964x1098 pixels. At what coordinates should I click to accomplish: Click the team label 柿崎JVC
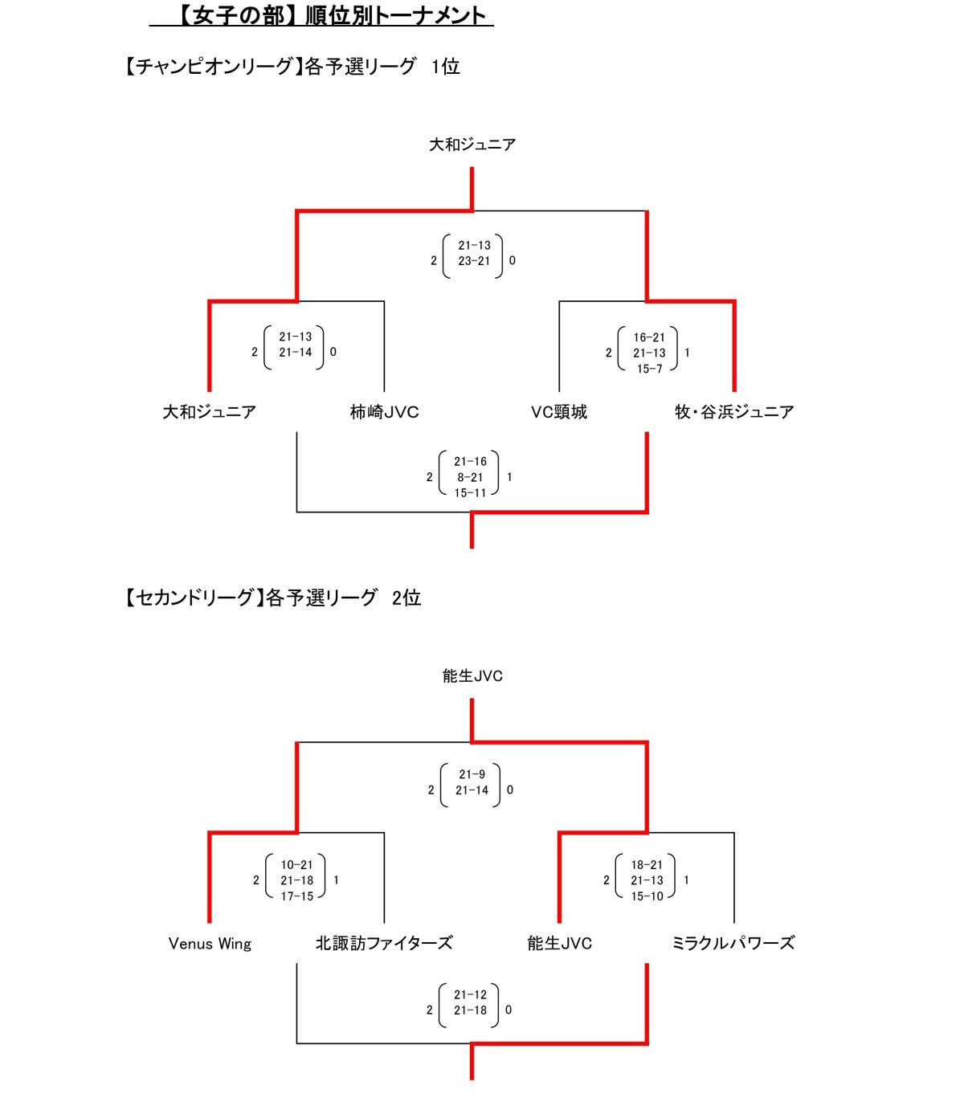tap(384, 412)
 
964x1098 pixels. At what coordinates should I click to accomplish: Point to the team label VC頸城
tap(558, 412)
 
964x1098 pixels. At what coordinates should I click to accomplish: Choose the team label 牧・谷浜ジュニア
tap(734, 412)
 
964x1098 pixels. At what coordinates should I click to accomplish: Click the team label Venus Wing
tap(210, 944)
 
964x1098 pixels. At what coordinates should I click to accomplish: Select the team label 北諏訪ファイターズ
tap(384, 944)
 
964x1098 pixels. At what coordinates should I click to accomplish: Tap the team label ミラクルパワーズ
tap(733, 944)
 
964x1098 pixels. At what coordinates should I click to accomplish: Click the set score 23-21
tap(474, 261)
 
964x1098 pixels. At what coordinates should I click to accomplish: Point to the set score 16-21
tap(649, 337)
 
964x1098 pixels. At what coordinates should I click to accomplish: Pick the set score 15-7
tap(649, 369)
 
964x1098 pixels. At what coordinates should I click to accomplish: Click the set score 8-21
tap(471, 477)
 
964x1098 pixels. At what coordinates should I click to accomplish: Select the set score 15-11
tap(471, 493)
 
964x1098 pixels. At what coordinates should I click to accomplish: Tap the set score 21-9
tap(472, 774)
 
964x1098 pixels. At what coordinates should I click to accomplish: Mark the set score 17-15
tap(297, 896)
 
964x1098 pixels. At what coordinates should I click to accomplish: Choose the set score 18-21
tap(647, 865)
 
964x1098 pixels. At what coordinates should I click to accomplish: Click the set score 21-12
tap(471, 994)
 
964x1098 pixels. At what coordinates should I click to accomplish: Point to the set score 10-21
tap(297, 865)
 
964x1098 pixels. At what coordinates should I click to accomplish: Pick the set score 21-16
tap(471, 462)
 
